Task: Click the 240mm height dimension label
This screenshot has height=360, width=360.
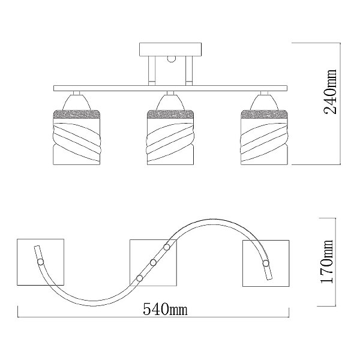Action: (330, 91)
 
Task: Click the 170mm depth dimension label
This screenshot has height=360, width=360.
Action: (326, 261)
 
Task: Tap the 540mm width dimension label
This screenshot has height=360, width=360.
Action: (166, 309)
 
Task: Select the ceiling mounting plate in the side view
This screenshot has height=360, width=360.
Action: (170, 49)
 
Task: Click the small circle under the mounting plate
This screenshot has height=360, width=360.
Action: (171, 59)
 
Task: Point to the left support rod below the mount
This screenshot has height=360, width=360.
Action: (152, 71)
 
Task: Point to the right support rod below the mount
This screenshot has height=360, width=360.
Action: (189, 71)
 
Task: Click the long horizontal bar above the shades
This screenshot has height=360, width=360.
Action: (170, 88)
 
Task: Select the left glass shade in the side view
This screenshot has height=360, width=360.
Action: (77, 137)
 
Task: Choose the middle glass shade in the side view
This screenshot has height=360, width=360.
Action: (170, 137)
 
